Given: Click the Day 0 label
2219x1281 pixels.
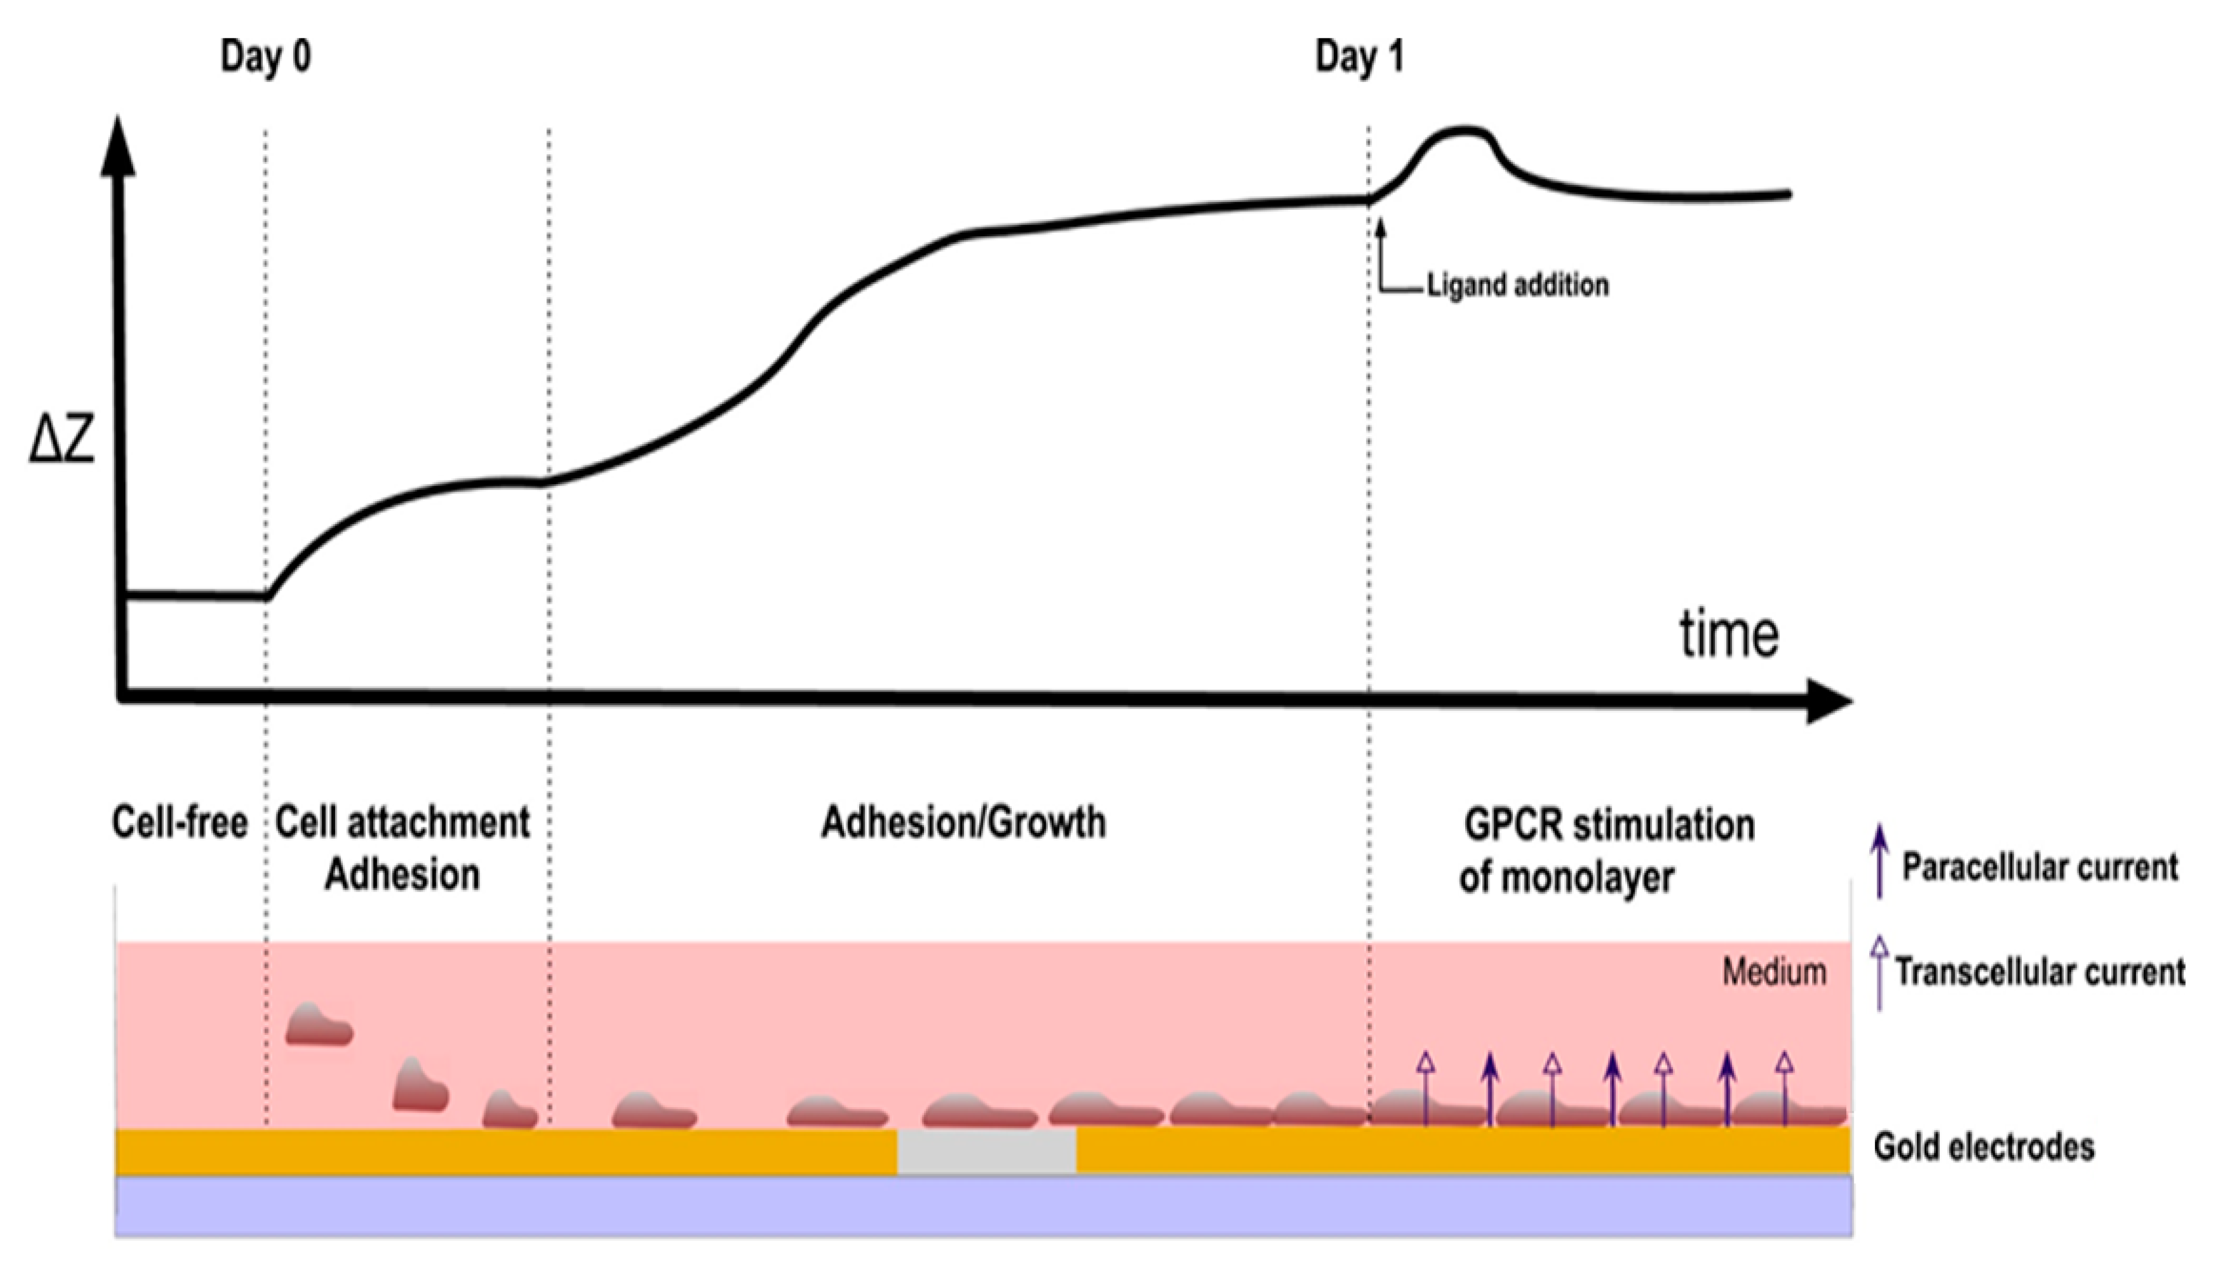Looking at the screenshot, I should pos(265,57).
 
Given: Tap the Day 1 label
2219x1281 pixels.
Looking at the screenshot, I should pos(1359,57).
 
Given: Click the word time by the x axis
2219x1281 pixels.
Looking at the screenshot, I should pos(1728,634).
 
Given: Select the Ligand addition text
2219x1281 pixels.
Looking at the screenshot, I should pos(1517,285).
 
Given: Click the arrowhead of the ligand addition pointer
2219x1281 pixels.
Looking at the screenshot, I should pos(1380,227).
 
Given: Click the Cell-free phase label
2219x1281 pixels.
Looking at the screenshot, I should pos(180,823).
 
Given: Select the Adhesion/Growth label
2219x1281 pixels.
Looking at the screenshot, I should pos(963,823).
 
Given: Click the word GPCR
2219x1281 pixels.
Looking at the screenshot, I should pos(1513,825).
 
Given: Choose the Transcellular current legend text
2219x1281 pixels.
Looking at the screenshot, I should pos(2039,971).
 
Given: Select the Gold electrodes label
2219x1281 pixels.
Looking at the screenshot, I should pos(1983,1146).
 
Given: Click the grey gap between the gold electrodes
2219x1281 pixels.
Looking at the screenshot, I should pos(986,1151).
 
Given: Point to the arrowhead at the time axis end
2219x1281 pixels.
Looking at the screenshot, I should pos(1829,701).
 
